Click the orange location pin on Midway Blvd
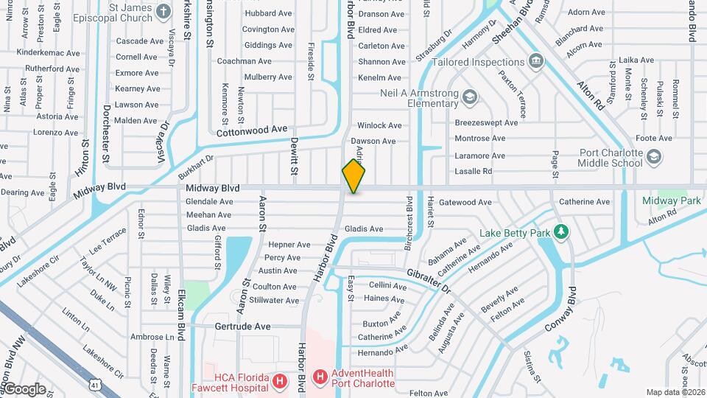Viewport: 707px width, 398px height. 353,176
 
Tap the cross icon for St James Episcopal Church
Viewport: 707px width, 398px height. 164,12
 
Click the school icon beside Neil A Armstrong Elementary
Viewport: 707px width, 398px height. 469,96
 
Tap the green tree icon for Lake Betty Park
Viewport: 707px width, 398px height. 562,233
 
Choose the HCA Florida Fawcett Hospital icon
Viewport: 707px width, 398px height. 280,381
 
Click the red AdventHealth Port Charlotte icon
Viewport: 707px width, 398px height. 320,378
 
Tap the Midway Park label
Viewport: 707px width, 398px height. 671,200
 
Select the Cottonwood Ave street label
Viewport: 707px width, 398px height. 252,130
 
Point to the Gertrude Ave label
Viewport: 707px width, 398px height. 242,326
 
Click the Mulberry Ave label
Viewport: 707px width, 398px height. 268,77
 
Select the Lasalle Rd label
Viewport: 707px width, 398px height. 473,171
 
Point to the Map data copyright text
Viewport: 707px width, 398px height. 675,392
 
